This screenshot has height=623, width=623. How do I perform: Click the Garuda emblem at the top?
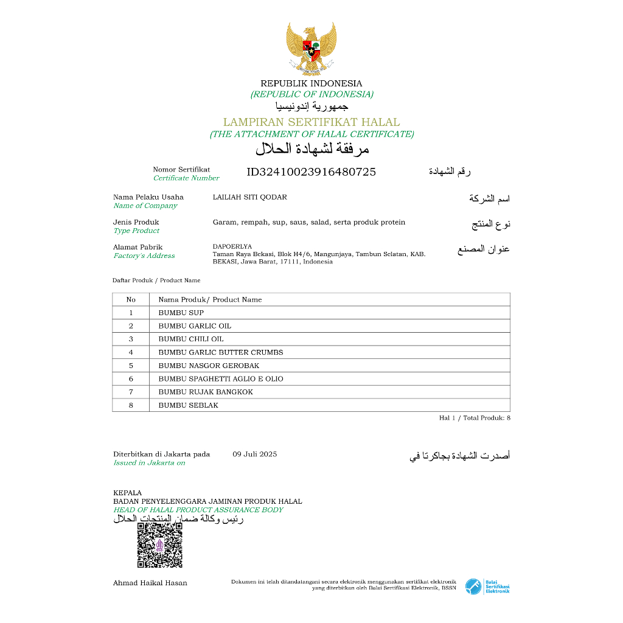point(311,48)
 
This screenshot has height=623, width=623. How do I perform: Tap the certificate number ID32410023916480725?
point(311,172)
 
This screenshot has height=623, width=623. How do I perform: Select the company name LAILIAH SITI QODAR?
point(249,197)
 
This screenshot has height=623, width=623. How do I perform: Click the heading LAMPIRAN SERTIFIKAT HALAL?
point(311,122)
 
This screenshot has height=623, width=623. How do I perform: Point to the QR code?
point(159,545)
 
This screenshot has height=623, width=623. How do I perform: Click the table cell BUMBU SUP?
point(181,313)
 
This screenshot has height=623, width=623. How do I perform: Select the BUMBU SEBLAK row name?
point(188,405)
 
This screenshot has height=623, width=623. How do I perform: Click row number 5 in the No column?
point(131,366)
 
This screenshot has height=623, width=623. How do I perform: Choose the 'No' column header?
point(131,299)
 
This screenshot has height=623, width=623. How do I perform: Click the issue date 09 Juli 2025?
point(254,454)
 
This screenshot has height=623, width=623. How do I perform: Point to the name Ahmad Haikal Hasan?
point(150,583)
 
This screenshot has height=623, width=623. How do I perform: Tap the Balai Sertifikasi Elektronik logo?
point(487,586)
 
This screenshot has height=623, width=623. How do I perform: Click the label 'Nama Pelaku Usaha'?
point(148,197)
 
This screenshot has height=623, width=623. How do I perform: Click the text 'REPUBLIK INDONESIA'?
point(311,83)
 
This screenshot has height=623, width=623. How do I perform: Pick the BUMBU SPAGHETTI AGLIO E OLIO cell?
point(221,378)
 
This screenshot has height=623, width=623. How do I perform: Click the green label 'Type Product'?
point(136,231)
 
